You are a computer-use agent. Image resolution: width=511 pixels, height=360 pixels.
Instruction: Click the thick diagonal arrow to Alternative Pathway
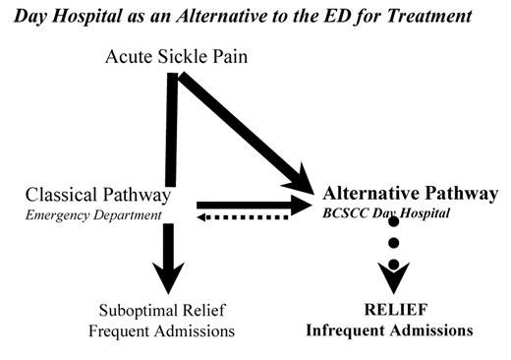click(x=246, y=133)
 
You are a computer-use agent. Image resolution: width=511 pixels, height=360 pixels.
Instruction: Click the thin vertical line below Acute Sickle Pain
click(x=174, y=138)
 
